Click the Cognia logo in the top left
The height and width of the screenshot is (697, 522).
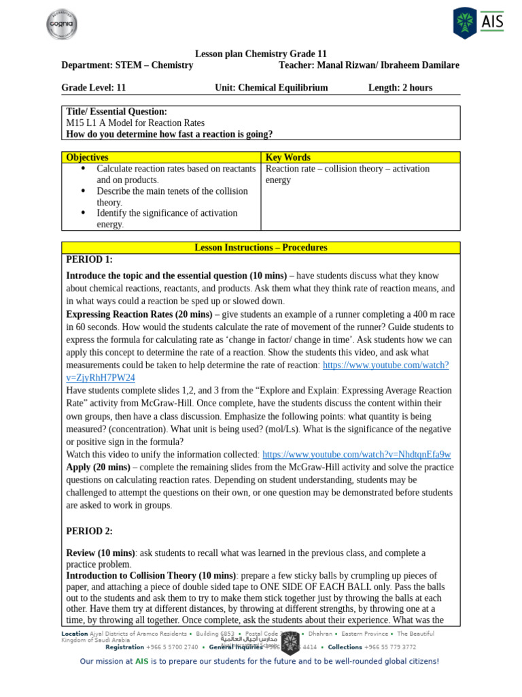coord(61,25)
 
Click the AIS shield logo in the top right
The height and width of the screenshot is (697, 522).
coord(465,23)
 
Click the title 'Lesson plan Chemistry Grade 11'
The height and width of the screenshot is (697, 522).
coord(260,54)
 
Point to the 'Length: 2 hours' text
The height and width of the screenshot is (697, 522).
coord(400,88)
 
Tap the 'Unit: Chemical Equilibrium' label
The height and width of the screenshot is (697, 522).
coord(271,88)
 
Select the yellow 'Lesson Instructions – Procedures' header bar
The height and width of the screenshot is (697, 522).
coord(260,248)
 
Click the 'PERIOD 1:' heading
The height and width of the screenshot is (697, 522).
coord(89,259)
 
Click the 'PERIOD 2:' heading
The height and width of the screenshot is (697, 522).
coord(89,531)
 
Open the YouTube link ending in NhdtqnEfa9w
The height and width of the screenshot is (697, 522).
coord(356,454)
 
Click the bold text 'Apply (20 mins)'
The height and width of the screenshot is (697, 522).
coord(98,467)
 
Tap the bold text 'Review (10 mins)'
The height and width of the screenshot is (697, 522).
coord(101,553)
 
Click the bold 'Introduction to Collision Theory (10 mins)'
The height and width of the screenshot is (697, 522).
coord(151,575)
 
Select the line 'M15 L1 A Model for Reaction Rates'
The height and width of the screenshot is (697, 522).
coord(135,123)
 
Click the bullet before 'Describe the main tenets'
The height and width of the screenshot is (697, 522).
coord(83,191)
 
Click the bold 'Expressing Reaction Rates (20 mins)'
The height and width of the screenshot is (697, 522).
coord(139,314)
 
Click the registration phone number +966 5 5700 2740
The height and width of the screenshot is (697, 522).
coord(172,647)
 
